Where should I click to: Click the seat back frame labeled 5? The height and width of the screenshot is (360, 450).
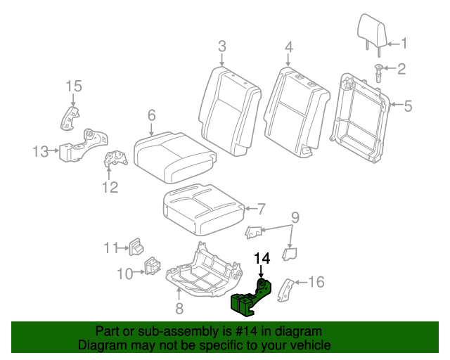(x=363, y=117)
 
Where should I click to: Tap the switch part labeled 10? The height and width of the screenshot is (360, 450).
(x=152, y=269)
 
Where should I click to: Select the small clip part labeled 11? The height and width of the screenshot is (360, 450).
(x=136, y=247)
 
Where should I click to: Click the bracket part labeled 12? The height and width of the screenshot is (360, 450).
(x=112, y=160)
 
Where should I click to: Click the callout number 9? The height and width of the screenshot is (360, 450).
(x=295, y=216)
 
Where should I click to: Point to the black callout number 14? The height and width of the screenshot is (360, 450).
(x=261, y=258)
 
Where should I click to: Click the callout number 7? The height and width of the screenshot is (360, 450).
(x=261, y=209)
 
